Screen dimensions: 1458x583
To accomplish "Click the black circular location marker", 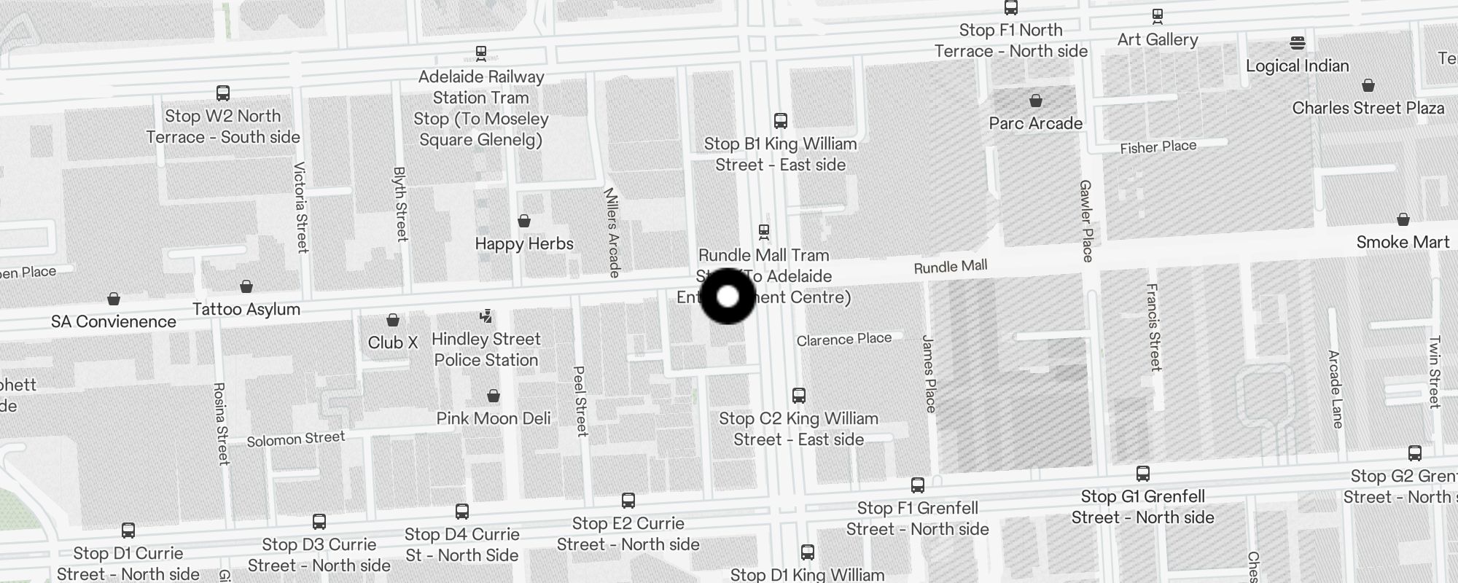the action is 728,297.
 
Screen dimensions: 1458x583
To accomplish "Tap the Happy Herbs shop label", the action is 524,243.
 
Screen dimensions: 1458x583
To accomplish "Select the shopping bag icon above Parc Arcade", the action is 1036,101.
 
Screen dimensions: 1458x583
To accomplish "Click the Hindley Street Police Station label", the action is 486,349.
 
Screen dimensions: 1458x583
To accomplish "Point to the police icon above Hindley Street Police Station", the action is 486,316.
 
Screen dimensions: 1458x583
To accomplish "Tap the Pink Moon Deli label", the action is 494,418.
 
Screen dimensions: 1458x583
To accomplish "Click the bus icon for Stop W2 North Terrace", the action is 223,93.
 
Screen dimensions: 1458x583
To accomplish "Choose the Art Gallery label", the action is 1158,39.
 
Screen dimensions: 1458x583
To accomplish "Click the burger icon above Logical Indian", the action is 1298,42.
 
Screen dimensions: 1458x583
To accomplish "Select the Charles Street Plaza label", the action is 1368,108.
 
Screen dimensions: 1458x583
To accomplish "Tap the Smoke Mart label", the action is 1403,243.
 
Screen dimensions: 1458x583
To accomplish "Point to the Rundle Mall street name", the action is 951,267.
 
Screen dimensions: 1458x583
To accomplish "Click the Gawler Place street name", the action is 1086,221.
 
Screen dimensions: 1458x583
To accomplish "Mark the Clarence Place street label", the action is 844,340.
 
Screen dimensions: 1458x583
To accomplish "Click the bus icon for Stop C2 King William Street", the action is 799,396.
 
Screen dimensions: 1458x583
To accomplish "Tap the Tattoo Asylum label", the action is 246,309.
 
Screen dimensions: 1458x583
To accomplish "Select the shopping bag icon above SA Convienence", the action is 114,299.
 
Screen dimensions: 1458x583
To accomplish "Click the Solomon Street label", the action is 295,439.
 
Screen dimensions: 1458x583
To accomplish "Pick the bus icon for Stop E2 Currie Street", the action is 628,501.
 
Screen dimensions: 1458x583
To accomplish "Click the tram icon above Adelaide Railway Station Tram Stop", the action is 481,52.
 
